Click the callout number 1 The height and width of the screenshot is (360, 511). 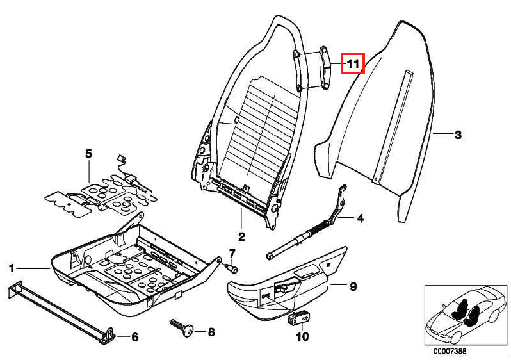click(11, 267)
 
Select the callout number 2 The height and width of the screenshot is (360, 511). click(241, 236)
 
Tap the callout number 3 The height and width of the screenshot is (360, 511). click(457, 135)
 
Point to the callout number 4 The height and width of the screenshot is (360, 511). click(360, 219)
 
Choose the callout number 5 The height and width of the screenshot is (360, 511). click(89, 154)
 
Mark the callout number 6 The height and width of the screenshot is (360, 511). click(134, 337)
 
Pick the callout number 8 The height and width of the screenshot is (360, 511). click(211, 332)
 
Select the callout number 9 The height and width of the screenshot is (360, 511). click(353, 287)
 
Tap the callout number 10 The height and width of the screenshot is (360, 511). click(301, 336)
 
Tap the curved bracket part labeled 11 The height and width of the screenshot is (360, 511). click(323, 69)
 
